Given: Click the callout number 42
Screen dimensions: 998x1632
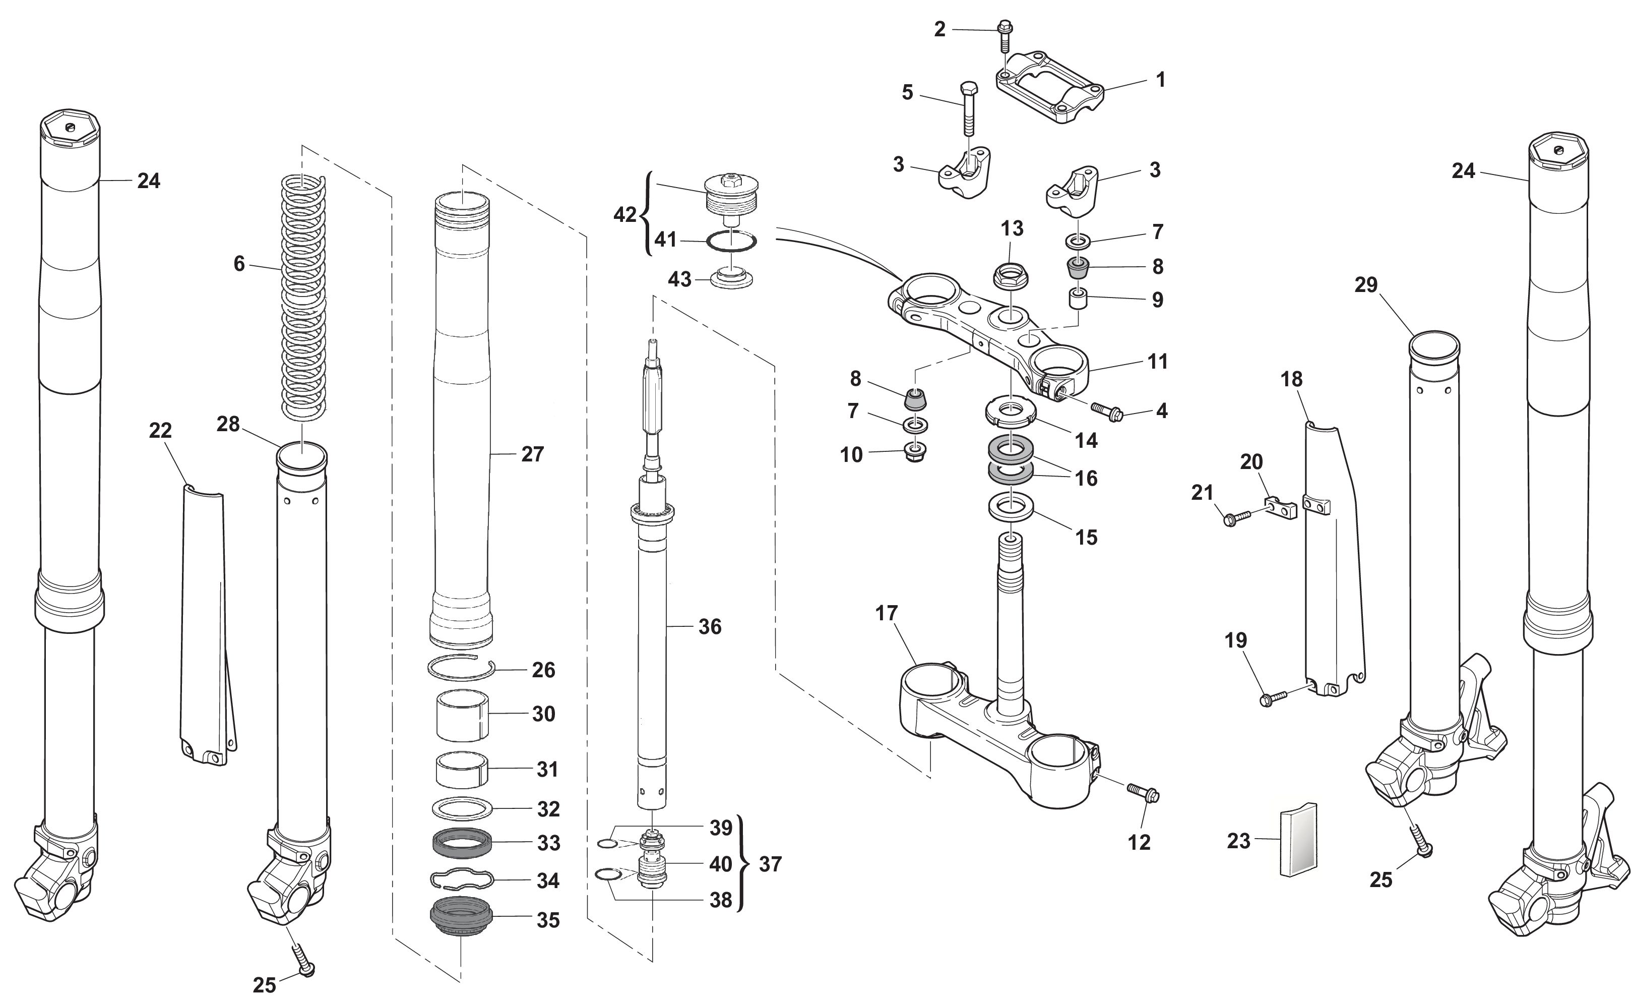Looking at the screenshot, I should pos(624,215).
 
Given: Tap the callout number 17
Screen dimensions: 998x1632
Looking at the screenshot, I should pos(886,614).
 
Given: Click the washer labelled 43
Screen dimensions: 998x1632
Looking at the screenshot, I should pos(731,278).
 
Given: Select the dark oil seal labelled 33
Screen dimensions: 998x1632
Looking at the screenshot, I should pos(462,844).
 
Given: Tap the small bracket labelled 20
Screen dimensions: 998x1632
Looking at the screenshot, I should pos(1282,508).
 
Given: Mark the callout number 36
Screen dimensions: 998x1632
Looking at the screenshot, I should pos(709,626).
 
